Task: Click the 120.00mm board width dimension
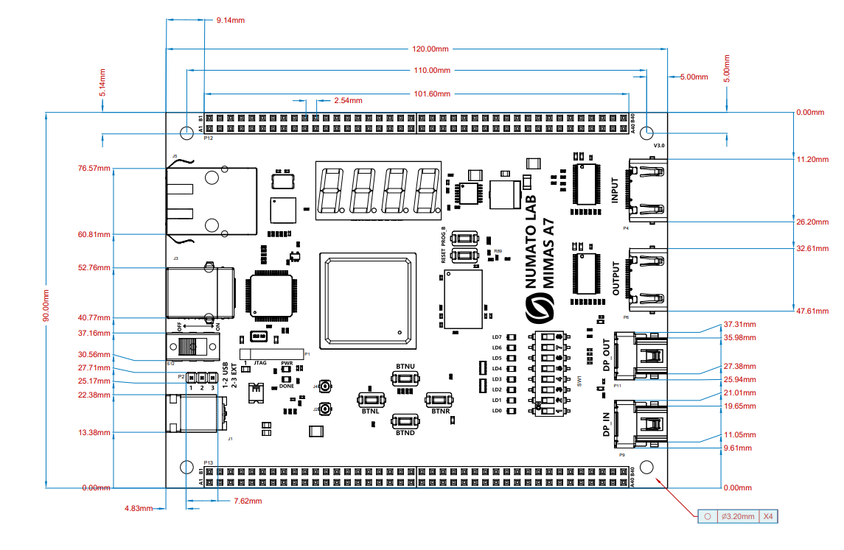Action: [430, 49]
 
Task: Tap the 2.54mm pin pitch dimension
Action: [348, 100]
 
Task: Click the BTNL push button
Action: [370, 401]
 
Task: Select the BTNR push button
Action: [440, 400]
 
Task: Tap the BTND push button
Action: [405, 422]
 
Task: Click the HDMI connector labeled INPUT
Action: [646, 190]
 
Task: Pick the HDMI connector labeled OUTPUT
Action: [646, 279]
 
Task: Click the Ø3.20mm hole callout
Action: [737, 516]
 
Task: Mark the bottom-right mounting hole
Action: [647, 468]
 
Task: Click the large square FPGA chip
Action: [365, 298]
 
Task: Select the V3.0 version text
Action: [659, 146]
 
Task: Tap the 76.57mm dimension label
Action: [94, 168]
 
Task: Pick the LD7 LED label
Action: [497, 337]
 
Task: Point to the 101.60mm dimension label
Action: [432, 94]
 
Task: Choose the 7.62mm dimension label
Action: [248, 501]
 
